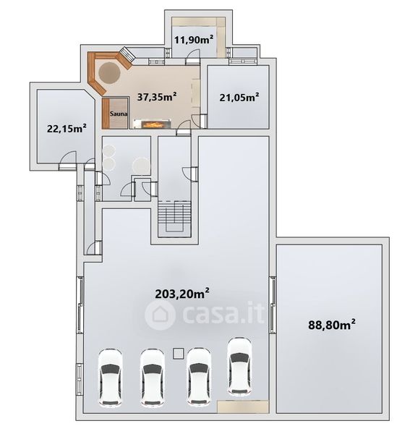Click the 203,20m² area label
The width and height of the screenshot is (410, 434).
click(x=182, y=294)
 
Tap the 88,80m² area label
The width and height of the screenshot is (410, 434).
click(x=332, y=324)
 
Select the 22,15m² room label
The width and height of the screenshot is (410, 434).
click(x=67, y=128)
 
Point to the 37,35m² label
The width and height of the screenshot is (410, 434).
click(x=157, y=97)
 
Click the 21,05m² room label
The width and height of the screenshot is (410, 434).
click(x=239, y=97)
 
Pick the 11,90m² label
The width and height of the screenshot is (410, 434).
click(x=194, y=40)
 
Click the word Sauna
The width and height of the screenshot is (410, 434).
click(x=119, y=114)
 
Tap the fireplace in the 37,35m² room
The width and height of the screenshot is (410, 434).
click(x=152, y=124)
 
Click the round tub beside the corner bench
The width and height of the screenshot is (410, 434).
click(x=109, y=73)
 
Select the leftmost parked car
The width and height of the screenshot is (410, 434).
click(x=110, y=377)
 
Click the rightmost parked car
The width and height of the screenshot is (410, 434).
click(x=239, y=366)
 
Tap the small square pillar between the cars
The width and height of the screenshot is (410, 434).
click(x=178, y=354)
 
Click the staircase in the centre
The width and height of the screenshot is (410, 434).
click(x=174, y=219)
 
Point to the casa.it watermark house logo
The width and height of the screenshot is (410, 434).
click(x=160, y=315)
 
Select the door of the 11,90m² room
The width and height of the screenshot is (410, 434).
click(x=192, y=56)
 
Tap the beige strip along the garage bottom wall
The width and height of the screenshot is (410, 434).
click(x=243, y=407)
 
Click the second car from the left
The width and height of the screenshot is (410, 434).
click(x=152, y=377)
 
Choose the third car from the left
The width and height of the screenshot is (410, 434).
click(x=199, y=377)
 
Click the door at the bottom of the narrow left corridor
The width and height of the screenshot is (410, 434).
click(x=94, y=247)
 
